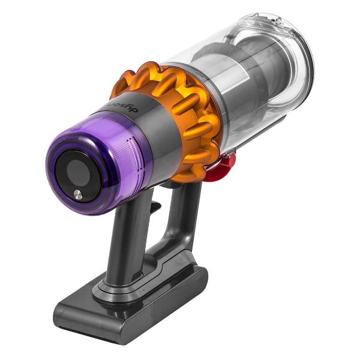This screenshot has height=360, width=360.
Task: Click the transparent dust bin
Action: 252,78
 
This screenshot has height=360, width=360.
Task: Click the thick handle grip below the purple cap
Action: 129,240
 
